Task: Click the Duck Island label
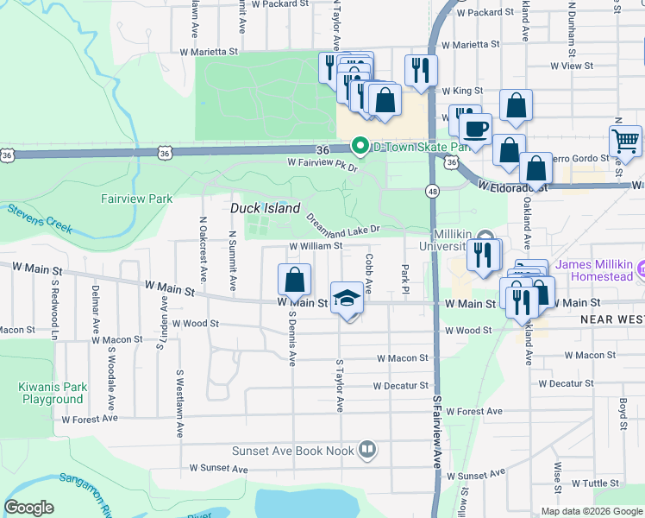click(x=265, y=209)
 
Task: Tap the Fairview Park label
click(x=136, y=199)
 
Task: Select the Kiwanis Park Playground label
click(x=52, y=393)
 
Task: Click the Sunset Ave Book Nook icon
click(x=366, y=450)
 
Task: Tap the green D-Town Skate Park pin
click(x=361, y=147)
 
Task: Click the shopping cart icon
click(x=625, y=140)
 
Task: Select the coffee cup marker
click(x=474, y=129)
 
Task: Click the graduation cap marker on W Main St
click(x=347, y=299)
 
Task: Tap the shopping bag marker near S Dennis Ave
click(x=294, y=280)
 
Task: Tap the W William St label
click(x=316, y=246)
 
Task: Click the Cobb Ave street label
click(x=368, y=273)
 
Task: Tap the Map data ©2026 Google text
click(x=591, y=511)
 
